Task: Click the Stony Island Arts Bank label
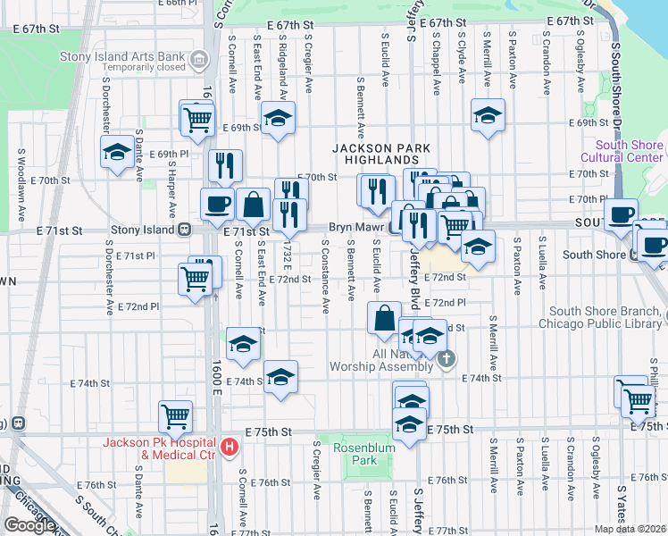pyautogui.click(x=122, y=58)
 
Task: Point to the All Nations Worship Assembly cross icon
pyautogui.click(x=447, y=359)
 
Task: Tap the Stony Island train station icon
pyautogui.click(x=184, y=229)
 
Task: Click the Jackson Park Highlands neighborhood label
pyautogui.click(x=382, y=154)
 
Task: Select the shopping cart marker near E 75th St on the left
pyautogui.click(x=175, y=415)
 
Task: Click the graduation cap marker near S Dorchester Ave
pyautogui.click(x=117, y=153)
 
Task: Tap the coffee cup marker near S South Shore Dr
pyautogui.click(x=621, y=214)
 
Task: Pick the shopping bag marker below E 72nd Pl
pyautogui.click(x=384, y=317)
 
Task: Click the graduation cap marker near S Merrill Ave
pyautogui.click(x=488, y=115)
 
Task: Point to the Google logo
pyautogui.click(x=29, y=524)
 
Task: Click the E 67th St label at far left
pyautogui.click(x=36, y=29)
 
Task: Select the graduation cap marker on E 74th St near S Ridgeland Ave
pyautogui.click(x=280, y=376)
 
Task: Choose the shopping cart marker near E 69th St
pyautogui.click(x=197, y=117)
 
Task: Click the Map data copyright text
pyautogui.click(x=630, y=529)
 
